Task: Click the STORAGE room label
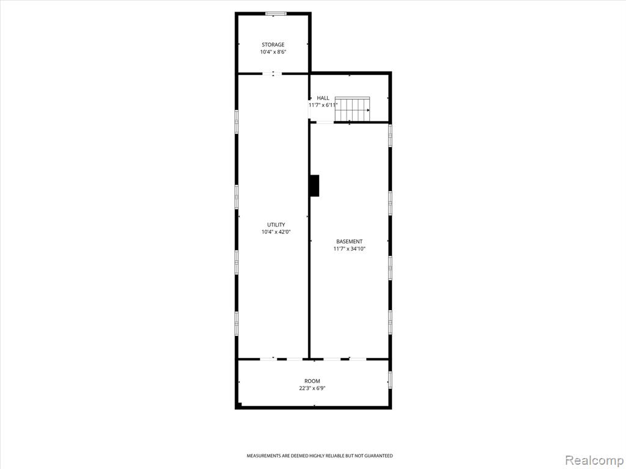(273, 45)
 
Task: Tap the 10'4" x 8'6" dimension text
(273, 52)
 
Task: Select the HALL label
(323, 98)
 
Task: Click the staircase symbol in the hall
(353, 109)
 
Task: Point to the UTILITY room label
(276, 225)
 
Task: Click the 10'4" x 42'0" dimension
(276, 232)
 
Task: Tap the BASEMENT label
(349, 242)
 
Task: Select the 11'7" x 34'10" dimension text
(349, 249)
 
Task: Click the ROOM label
(312, 381)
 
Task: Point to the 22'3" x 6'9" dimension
(312, 388)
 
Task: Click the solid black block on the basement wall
(315, 186)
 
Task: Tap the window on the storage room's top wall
(276, 14)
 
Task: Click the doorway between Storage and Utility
(272, 73)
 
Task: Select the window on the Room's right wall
(390, 380)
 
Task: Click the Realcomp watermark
(593, 460)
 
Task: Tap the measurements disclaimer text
(319, 456)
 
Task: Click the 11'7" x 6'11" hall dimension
(323, 105)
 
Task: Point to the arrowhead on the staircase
(368, 110)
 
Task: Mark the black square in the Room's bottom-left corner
(239, 406)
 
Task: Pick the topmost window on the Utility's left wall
(237, 122)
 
